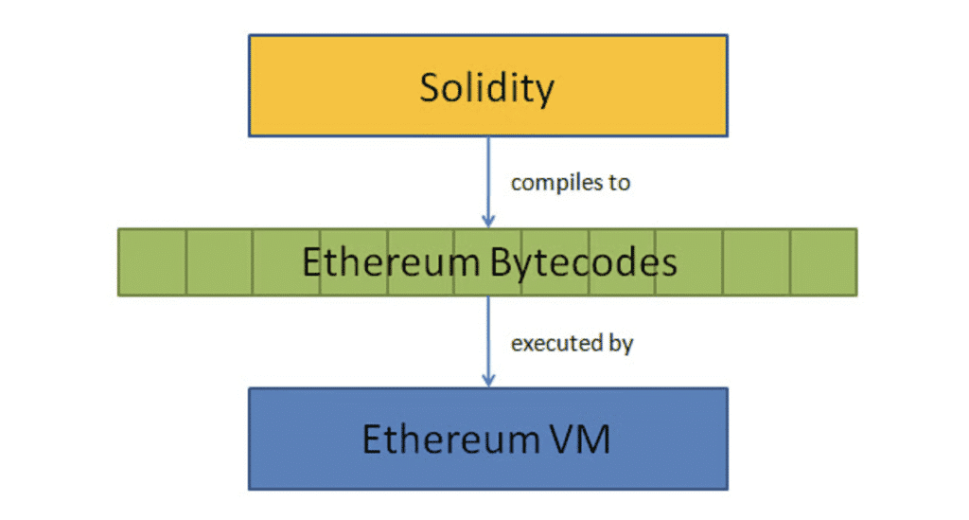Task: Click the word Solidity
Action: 487,87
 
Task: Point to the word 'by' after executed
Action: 620,344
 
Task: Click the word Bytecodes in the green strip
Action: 584,262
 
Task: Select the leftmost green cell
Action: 152,262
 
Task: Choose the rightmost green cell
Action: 823,262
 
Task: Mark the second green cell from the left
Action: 220,262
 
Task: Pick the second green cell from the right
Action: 756,262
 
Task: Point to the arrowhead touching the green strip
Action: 488,222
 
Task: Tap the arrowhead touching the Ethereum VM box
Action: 488,381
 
